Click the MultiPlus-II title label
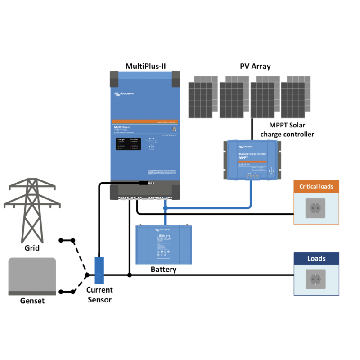click(145, 66)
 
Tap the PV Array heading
click(255, 66)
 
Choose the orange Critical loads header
click(316, 186)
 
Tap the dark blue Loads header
click(316, 258)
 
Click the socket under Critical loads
click(316, 208)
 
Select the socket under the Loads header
click(316, 279)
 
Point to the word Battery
click(163, 270)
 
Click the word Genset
click(32, 301)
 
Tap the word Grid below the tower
click(31, 248)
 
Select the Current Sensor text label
click(100, 295)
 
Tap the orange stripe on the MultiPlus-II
click(145, 122)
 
